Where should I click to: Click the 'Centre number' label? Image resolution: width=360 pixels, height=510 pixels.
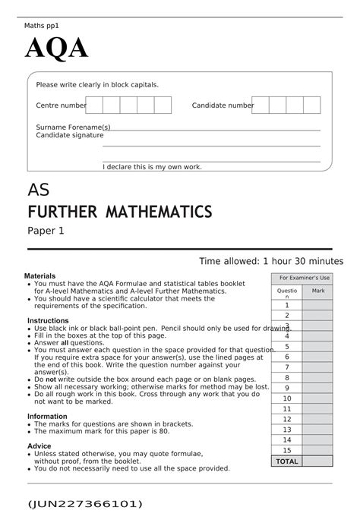pyautogui.click(x=62, y=105)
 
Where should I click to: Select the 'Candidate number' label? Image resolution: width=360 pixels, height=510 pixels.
pyautogui.click(x=223, y=105)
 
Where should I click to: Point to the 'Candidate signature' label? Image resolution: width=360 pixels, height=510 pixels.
pyautogui.click(x=69, y=135)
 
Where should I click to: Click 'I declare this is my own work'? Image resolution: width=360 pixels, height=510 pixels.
pyautogui.click(x=152, y=166)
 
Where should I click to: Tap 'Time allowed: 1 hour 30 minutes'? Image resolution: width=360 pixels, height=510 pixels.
pyautogui.click(x=271, y=261)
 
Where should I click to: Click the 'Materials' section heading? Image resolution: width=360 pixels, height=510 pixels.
pyautogui.click(x=39, y=276)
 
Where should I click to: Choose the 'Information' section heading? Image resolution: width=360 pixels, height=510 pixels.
pyautogui.click(x=47, y=416)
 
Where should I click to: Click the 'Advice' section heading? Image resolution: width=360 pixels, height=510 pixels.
pyautogui.click(x=39, y=445)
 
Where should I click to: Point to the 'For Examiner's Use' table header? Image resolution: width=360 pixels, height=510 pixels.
pyautogui.click(x=305, y=279)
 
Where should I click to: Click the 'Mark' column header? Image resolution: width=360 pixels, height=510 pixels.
pyautogui.click(x=317, y=291)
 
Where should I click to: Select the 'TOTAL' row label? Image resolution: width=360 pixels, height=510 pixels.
pyautogui.click(x=287, y=461)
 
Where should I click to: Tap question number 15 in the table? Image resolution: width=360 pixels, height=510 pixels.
pyautogui.click(x=287, y=450)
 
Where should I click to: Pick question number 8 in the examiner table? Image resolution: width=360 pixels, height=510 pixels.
pyautogui.click(x=287, y=377)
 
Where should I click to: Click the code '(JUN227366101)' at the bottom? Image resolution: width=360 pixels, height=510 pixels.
pyautogui.click(x=74, y=503)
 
